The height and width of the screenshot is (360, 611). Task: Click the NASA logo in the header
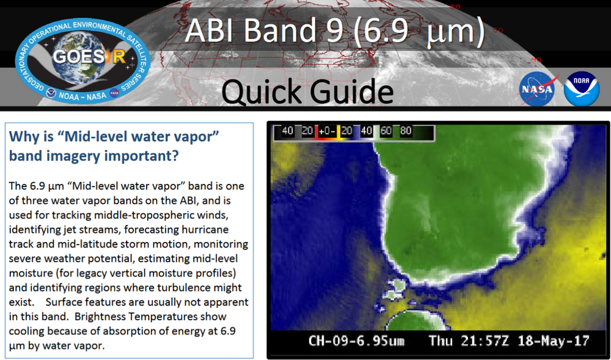click(x=539, y=89)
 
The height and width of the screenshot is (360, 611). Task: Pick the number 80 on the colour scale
click(x=405, y=131)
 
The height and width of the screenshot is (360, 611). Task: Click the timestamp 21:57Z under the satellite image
click(x=482, y=340)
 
